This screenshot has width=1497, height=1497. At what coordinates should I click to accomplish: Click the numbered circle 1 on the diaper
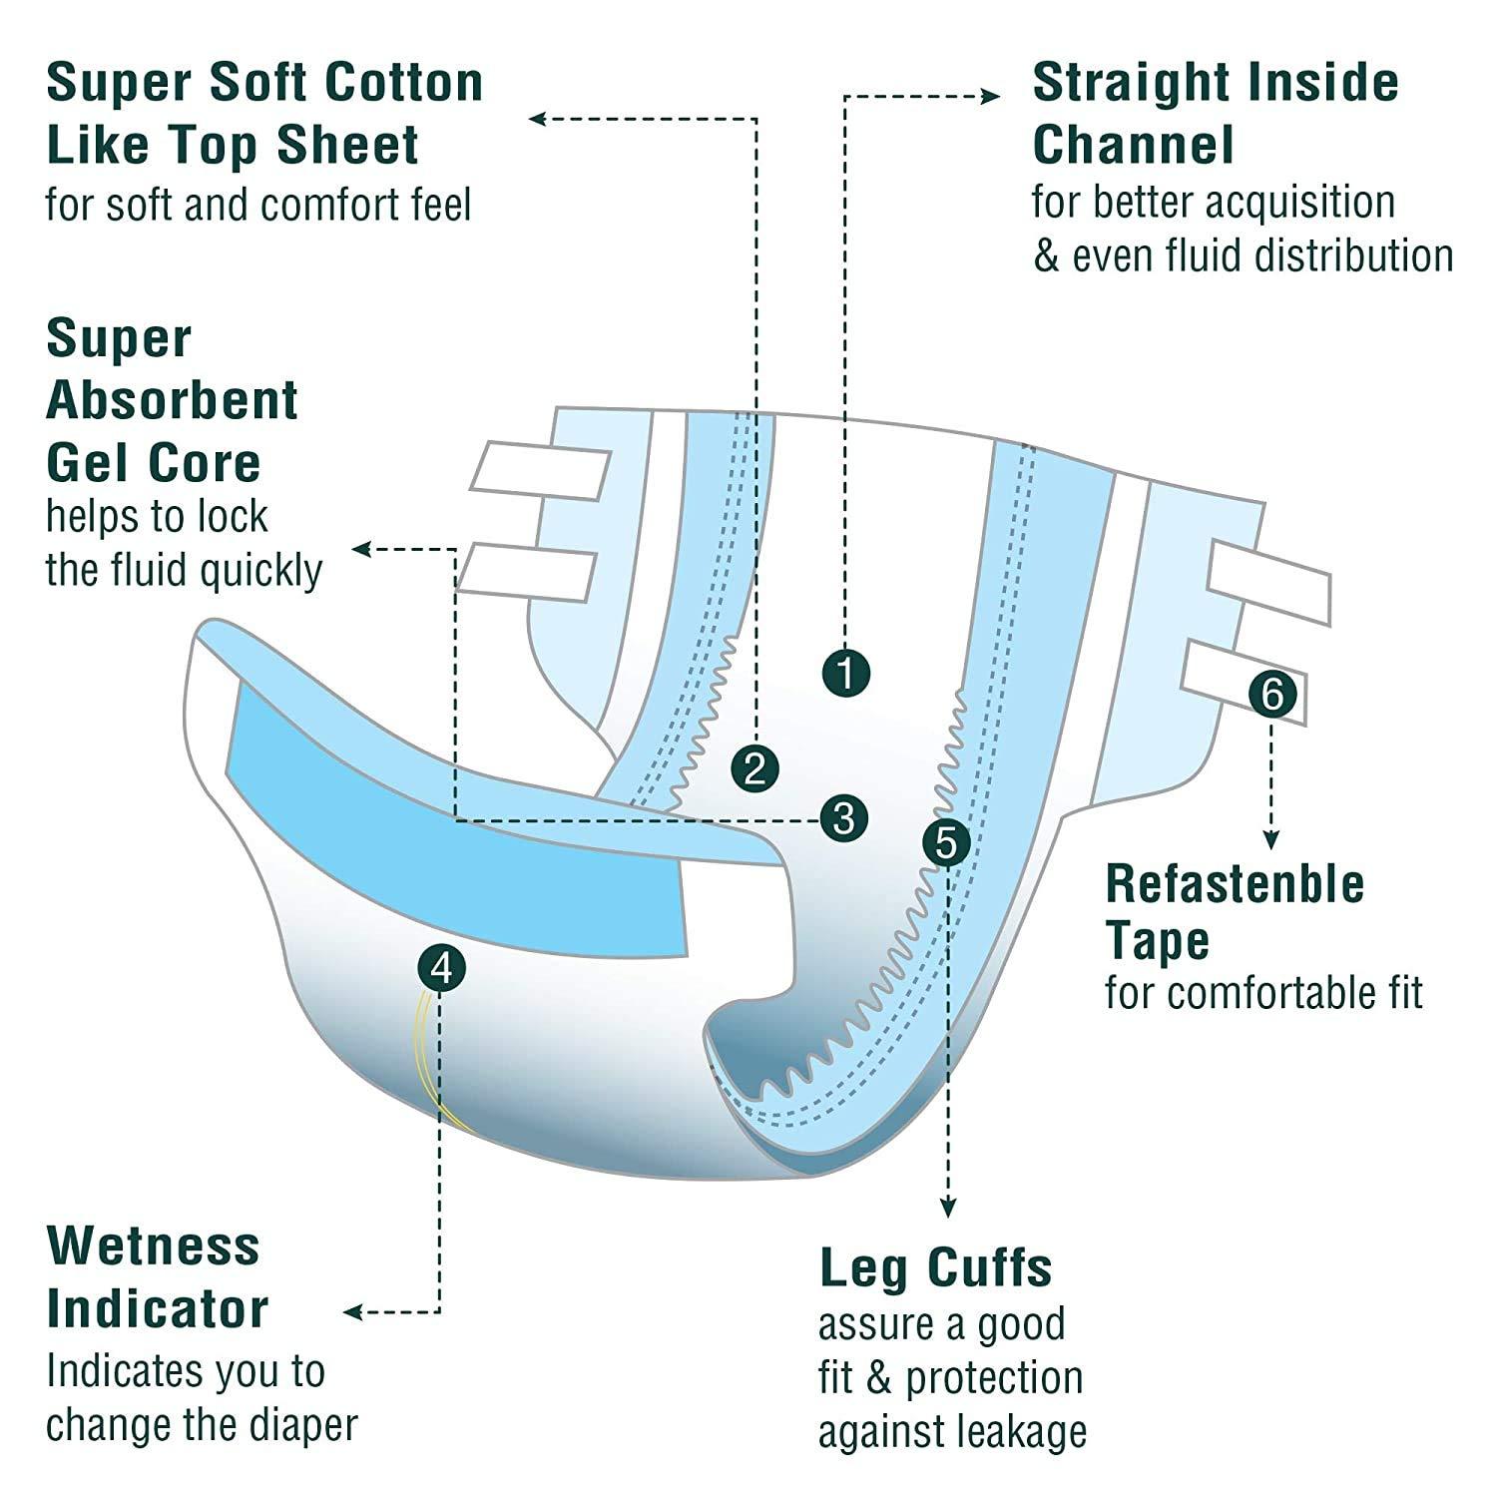(846, 674)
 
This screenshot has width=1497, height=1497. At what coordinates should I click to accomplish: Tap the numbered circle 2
(754, 768)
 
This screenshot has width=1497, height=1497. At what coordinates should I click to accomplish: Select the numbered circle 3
(843, 818)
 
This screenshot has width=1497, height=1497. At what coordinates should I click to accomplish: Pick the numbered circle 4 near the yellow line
(442, 968)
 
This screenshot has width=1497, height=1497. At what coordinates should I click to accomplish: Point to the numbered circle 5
(946, 843)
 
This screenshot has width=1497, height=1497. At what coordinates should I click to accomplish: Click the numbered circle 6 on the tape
(1271, 693)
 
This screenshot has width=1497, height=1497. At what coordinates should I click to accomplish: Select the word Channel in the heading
(1134, 145)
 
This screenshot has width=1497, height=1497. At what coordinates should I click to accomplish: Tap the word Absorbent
(172, 400)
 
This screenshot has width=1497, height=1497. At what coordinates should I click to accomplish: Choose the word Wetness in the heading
(153, 1247)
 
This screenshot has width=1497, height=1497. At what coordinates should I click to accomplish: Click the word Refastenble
(1235, 884)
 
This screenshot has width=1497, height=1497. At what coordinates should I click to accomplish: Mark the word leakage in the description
(1020, 1432)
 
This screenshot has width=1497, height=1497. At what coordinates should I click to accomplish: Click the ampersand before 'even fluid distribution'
(1046, 256)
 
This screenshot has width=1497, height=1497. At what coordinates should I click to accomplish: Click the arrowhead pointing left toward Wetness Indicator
(352, 1312)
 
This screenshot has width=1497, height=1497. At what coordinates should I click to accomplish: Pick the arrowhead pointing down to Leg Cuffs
(948, 1208)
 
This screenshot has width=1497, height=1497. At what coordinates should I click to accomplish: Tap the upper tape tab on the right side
(1268, 583)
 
